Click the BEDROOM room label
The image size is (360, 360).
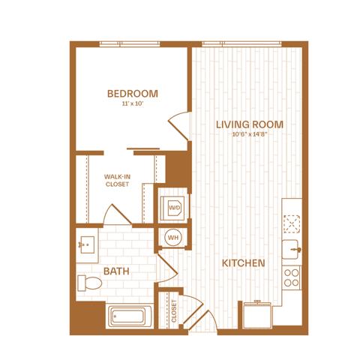pyautogui.click(x=133, y=94)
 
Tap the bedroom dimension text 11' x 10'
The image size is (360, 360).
pyautogui.click(x=133, y=103)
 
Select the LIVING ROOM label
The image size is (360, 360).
pyautogui.click(x=250, y=124)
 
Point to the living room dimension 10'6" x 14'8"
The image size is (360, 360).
pyautogui.click(x=250, y=134)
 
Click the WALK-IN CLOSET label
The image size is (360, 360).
pyautogui.click(x=117, y=181)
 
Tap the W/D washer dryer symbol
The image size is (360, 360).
pyautogui.click(x=174, y=208)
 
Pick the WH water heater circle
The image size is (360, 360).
pyautogui.click(x=173, y=237)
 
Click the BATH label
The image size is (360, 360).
pyautogui.click(x=116, y=271)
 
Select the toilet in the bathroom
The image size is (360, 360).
pyautogui.click(x=89, y=283)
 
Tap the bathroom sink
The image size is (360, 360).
pyautogui.click(x=86, y=244)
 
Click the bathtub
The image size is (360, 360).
pyautogui.click(x=129, y=316)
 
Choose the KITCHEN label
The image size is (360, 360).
pyautogui.click(x=244, y=263)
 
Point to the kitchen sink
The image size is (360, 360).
pyautogui.click(x=290, y=250)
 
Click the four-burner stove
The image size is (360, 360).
pyautogui.click(x=292, y=277)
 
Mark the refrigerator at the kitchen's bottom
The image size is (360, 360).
pyautogui.click(x=257, y=315)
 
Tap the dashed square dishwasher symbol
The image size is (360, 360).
pyautogui.click(x=292, y=223)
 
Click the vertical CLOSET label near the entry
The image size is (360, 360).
pyautogui.click(x=174, y=310)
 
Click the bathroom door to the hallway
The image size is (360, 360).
pyautogui.click(x=167, y=268)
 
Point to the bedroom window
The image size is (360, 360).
pyautogui.click(x=130, y=44)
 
